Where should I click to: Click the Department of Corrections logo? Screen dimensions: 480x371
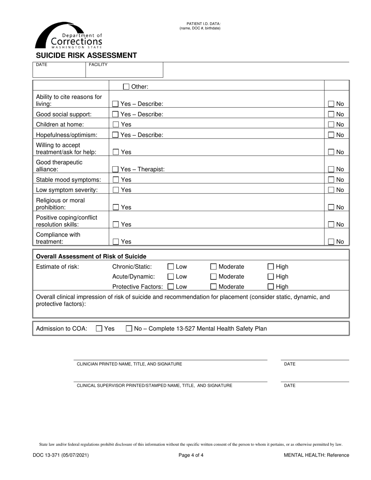[69, 36]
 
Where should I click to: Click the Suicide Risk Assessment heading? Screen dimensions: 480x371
[86, 55]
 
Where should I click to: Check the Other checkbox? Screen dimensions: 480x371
[126, 87]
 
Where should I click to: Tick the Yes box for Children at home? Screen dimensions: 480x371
[116, 124]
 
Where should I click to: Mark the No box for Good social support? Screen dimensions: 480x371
[331, 114]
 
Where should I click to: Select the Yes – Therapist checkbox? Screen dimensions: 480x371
[116, 169]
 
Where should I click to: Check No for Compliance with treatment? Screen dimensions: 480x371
[331, 242]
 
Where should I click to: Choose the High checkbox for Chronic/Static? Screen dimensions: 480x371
[271, 267]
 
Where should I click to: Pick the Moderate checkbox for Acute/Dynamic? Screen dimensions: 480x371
[214, 277]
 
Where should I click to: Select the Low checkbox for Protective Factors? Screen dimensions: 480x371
[171, 287]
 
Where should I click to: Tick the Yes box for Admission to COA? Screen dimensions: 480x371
[99, 329]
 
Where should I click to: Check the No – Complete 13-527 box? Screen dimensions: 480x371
[129, 329]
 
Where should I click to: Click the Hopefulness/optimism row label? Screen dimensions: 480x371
[66, 135]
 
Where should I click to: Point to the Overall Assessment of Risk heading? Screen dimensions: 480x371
[91, 256]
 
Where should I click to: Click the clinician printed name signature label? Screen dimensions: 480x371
[129, 364]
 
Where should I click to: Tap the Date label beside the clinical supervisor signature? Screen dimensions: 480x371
[290, 386]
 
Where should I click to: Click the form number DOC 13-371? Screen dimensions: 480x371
[61, 455]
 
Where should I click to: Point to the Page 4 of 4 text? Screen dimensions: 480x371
[191, 455]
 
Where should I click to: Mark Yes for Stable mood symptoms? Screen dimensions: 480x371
[116, 180]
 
